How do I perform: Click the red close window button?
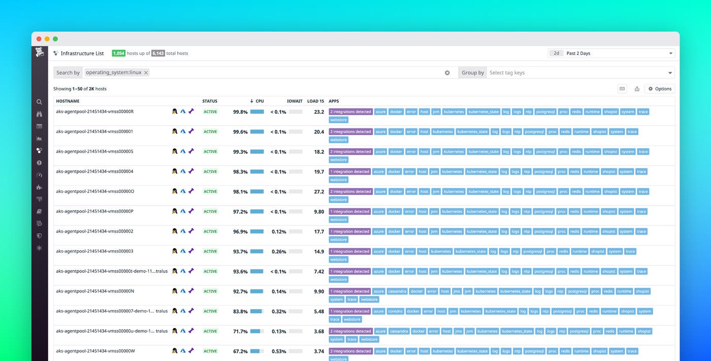coord(39,39)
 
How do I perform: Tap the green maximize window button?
coord(55,39)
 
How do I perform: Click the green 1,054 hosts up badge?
coord(118,53)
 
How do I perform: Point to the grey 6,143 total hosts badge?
coord(158,53)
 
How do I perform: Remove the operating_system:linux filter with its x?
coord(146,73)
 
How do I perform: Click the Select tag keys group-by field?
coord(579,73)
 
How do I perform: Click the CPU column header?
coord(260,101)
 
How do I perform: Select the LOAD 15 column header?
coord(315,101)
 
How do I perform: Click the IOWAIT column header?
coord(295,101)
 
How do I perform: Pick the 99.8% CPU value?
coord(240,112)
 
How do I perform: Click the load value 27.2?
coord(319,192)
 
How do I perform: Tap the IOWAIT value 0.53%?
coord(278,351)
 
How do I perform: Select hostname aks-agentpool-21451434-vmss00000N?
coord(95,291)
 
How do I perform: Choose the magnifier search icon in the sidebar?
coord(40,102)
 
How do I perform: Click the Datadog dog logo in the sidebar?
coord(40,52)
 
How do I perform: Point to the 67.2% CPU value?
coord(240,351)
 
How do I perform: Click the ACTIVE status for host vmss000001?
coord(210,132)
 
